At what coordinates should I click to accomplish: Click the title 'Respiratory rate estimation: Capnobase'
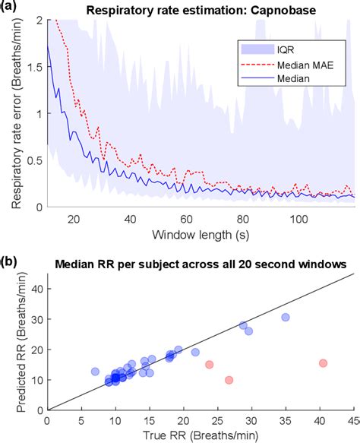[x=202, y=9]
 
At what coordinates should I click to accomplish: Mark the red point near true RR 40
[x=323, y=363]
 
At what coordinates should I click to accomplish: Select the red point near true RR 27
[x=229, y=380]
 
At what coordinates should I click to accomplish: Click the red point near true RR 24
[x=209, y=364]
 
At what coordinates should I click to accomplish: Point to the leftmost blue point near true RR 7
[x=95, y=372]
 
